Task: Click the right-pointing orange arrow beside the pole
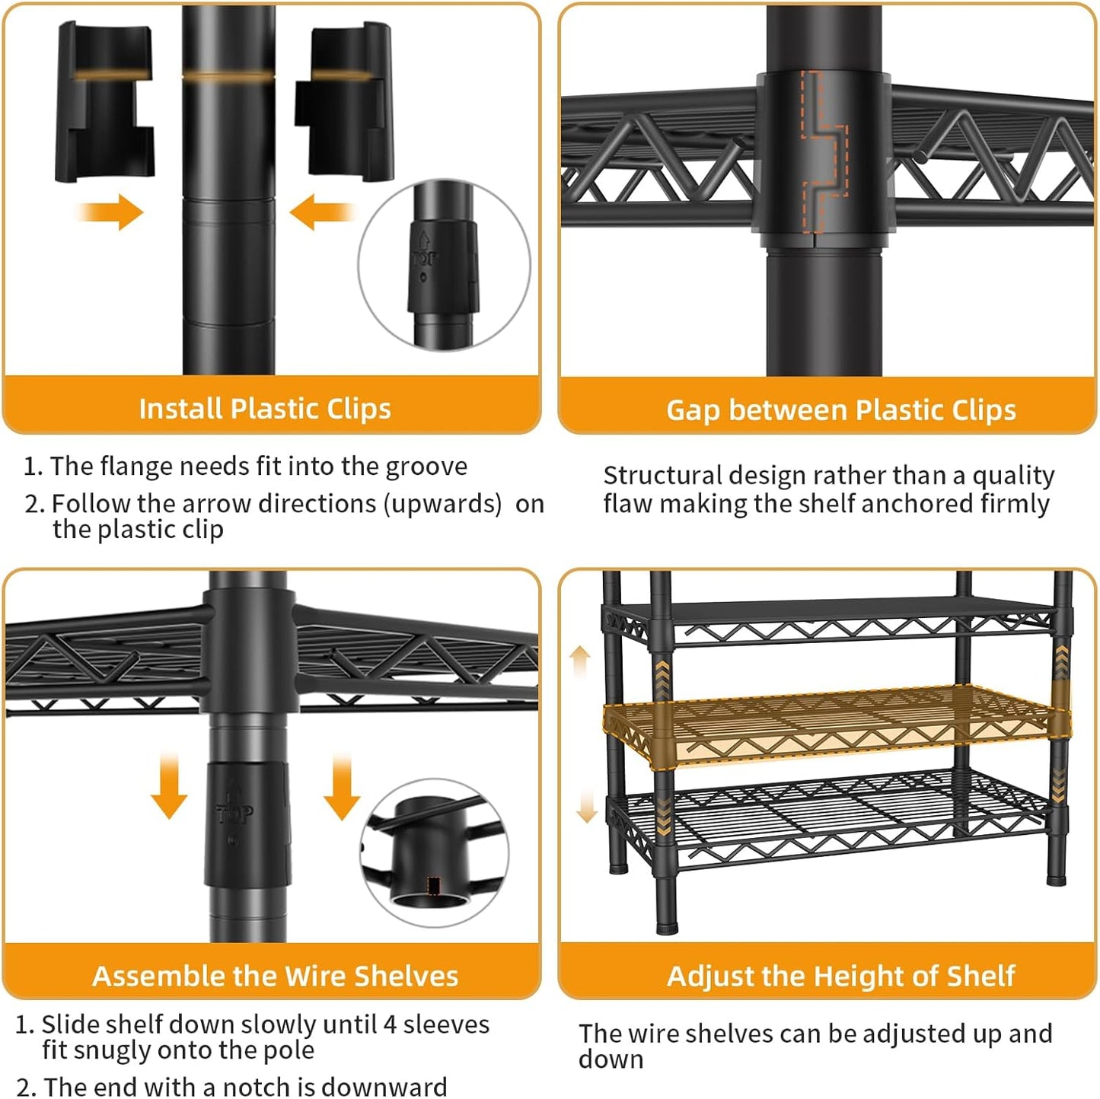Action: [110, 212]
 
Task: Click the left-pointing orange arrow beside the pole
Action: [322, 212]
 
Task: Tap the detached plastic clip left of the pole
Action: [105, 102]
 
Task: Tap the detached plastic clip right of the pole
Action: [343, 102]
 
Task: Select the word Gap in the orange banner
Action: [693, 411]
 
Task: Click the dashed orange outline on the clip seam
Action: [825, 152]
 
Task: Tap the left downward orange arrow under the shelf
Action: [169, 785]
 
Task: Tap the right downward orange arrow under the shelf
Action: [341, 785]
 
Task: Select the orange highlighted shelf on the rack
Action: [837, 726]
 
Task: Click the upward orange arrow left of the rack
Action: [580, 661]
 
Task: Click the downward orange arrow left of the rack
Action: [586, 806]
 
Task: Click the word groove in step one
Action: [426, 467]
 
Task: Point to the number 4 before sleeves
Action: [391, 1024]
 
